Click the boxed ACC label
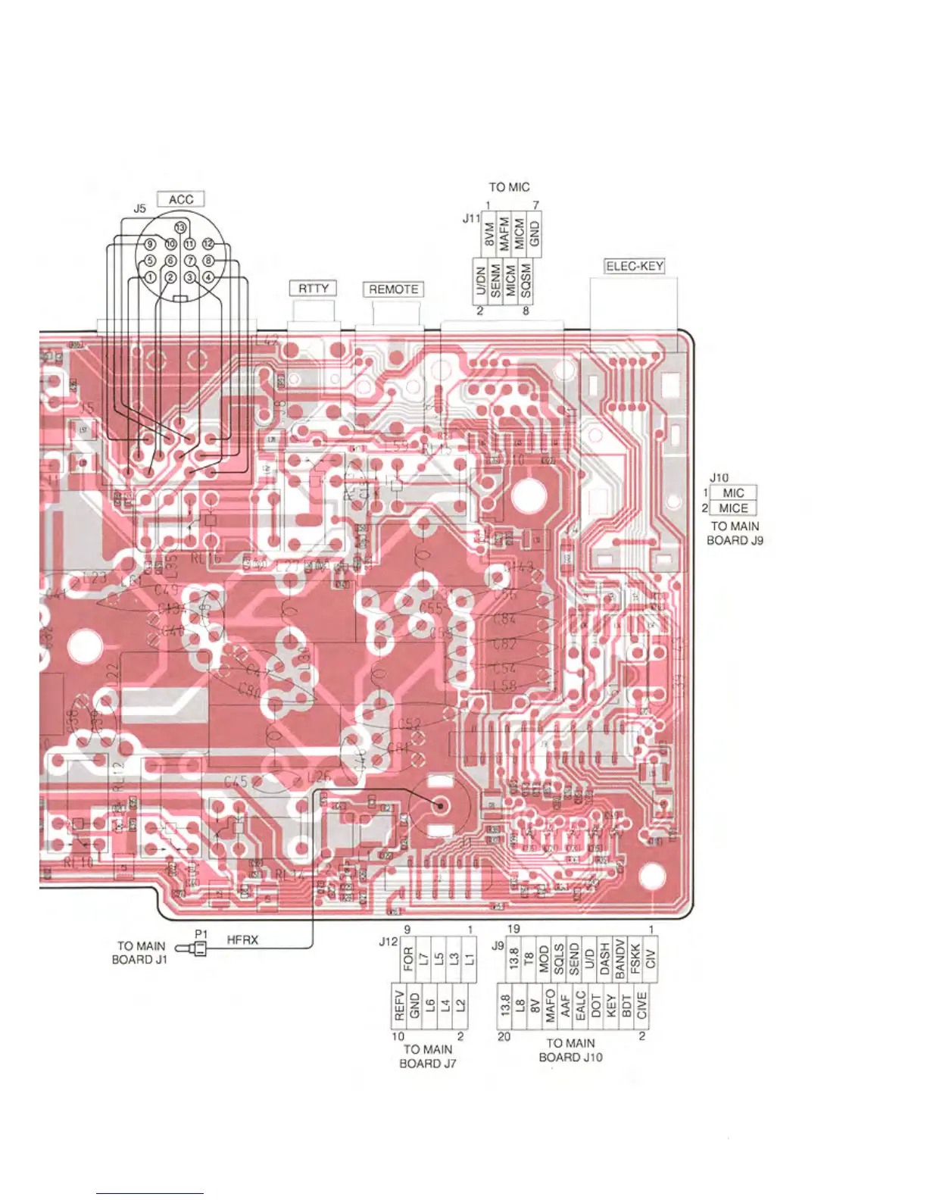[181, 199]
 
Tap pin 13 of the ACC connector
[180, 228]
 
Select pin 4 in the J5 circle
[209, 277]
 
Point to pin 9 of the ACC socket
[150, 244]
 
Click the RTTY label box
[314, 289]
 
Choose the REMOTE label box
[393, 289]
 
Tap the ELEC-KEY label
[634, 266]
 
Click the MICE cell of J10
[733, 508]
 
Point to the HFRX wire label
[242, 940]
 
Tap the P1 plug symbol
[198, 948]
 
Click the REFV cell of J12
[399, 1005]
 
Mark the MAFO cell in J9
[551, 1005]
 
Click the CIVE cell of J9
[642, 1005]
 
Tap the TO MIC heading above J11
[509, 187]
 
